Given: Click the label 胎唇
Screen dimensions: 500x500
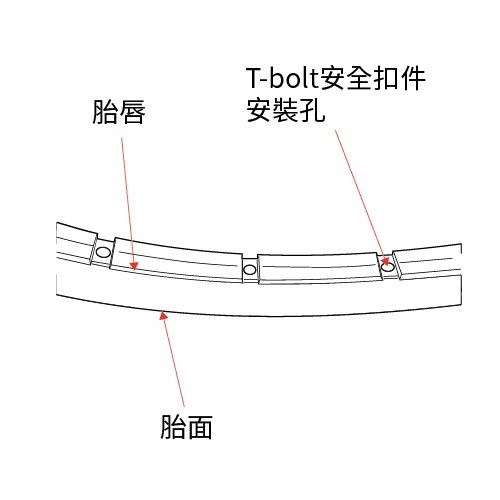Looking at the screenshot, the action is (119, 112).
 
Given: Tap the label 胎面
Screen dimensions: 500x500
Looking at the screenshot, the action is (186, 427).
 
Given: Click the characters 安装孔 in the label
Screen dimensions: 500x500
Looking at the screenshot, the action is (286, 110).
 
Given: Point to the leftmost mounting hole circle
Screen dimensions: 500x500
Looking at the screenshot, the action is (103, 252).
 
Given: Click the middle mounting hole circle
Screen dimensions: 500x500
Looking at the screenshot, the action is (250, 269).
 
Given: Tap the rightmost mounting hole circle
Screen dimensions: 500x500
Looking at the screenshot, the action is (388, 267).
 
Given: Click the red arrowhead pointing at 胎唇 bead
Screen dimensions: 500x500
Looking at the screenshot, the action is (134, 265).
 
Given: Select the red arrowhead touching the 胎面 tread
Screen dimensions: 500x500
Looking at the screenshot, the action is (163, 315).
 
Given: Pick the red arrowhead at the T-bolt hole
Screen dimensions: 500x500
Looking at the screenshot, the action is (385, 260).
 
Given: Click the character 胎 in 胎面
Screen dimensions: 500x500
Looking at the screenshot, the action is (173, 427).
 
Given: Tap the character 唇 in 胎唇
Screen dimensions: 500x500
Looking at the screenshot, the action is (132, 112).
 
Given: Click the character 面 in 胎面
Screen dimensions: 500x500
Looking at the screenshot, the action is (199, 427).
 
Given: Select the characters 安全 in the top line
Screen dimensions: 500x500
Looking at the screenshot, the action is (345, 78).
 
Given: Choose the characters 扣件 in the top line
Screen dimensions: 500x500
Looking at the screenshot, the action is (399, 78).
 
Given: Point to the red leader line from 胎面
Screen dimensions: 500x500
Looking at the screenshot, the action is (174, 359).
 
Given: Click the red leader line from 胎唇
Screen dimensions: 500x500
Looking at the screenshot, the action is (128, 203).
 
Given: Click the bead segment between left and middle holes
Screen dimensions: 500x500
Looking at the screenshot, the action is (177, 260).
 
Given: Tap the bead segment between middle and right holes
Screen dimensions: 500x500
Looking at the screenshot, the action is (320, 269).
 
